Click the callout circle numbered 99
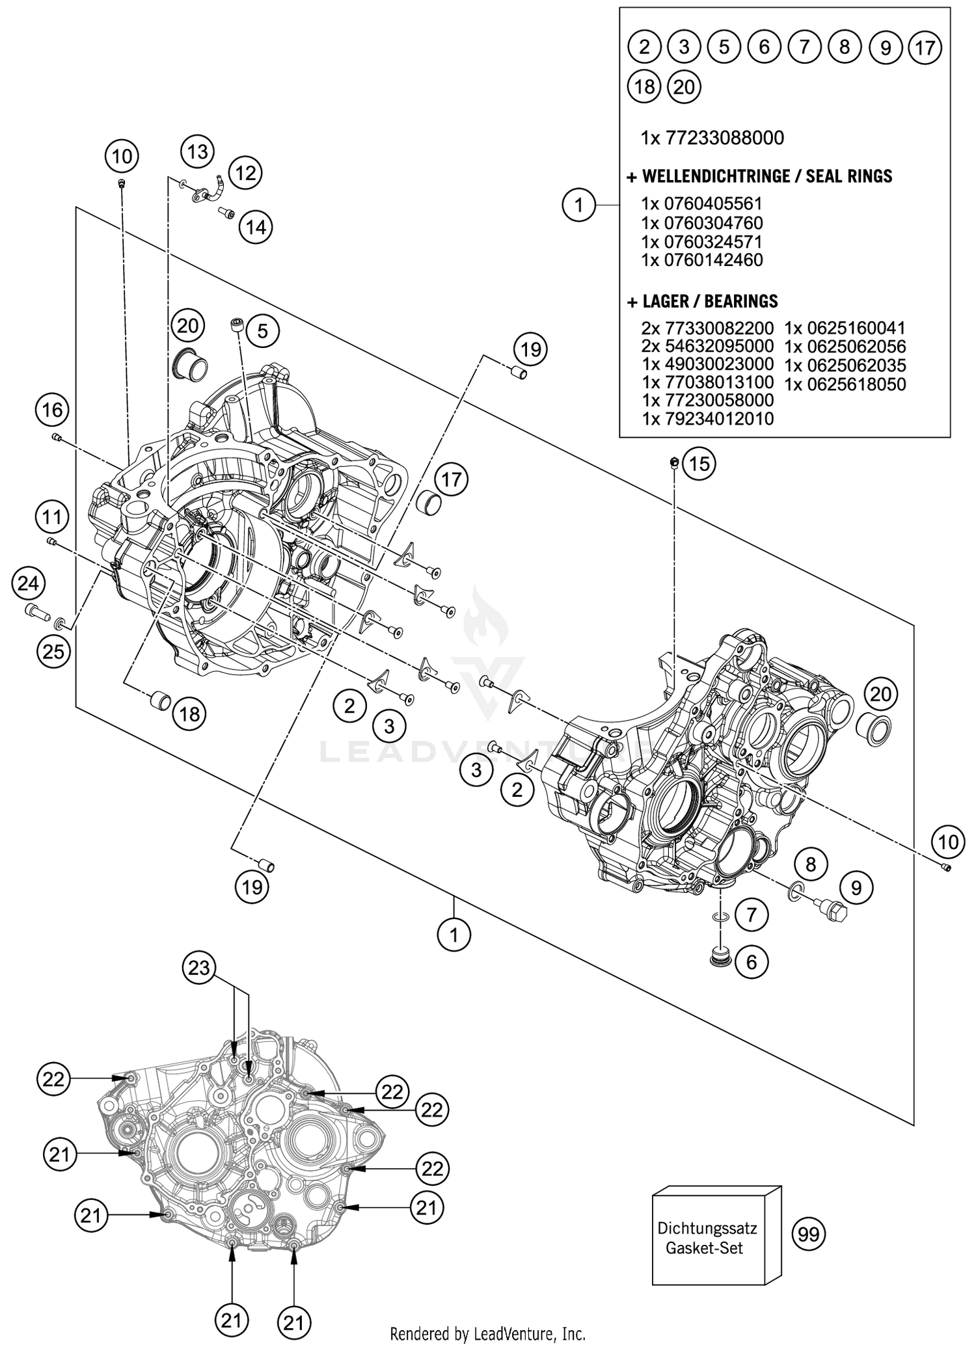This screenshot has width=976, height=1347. click(x=808, y=1233)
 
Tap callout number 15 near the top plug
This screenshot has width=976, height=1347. click(x=699, y=464)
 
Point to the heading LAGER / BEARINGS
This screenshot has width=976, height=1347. click(x=703, y=301)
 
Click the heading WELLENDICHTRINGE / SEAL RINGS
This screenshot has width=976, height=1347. click(x=759, y=176)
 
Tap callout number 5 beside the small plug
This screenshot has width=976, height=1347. click(x=262, y=332)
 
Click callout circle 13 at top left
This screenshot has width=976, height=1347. click(x=197, y=152)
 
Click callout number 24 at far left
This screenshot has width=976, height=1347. click(x=28, y=583)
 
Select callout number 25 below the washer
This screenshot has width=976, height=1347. click(x=53, y=650)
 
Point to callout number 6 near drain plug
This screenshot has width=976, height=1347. click(x=752, y=961)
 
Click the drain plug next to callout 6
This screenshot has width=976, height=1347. click(x=719, y=955)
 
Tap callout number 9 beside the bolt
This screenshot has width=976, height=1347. click(x=856, y=887)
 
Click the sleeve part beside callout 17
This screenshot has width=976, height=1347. click(x=428, y=503)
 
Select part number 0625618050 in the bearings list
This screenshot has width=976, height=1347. click(x=845, y=384)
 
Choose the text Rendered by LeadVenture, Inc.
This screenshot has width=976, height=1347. click(x=487, y=1333)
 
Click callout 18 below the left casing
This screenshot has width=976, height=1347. click(x=189, y=715)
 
